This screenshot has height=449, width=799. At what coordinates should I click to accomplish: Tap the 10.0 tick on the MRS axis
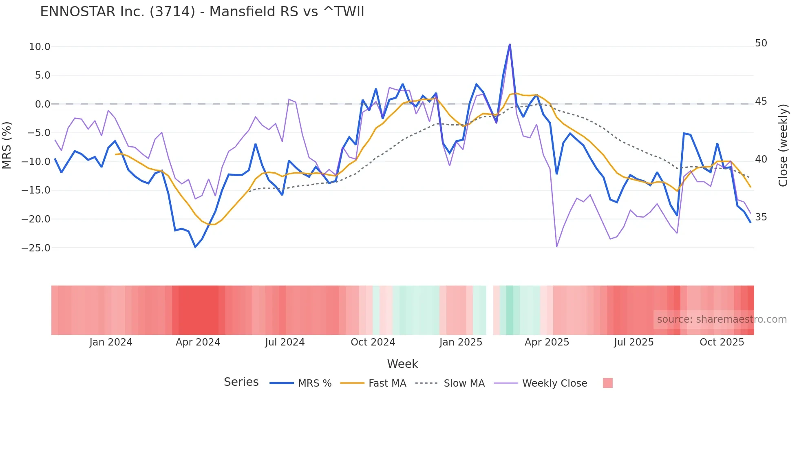[40, 47]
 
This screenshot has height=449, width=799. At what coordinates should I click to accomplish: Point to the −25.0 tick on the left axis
[36, 248]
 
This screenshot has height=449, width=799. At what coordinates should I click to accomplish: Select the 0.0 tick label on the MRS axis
[42, 104]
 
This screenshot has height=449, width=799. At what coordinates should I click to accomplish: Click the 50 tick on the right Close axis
[761, 43]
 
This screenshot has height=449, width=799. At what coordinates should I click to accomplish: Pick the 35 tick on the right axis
[761, 217]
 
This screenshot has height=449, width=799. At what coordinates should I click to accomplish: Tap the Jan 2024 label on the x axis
[111, 342]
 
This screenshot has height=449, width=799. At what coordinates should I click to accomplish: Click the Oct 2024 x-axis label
[373, 342]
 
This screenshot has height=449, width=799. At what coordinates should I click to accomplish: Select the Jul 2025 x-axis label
[633, 342]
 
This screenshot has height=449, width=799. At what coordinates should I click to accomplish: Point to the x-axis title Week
[402, 364]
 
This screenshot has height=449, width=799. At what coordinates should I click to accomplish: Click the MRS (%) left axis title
[7, 145]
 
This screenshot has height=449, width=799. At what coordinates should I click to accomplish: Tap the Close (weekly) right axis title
[783, 145]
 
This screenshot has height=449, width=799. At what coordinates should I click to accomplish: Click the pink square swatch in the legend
[607, 383]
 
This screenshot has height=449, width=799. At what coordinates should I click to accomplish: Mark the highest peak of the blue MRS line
[510, 44]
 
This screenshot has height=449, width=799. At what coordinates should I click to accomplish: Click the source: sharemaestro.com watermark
[722, 319]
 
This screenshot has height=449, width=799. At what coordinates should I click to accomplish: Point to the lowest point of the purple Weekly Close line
[557, 247]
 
